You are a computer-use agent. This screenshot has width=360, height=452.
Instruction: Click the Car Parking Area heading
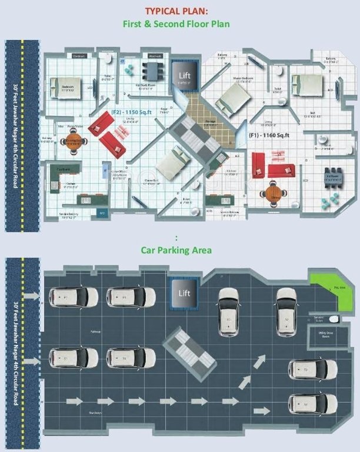point(176,250)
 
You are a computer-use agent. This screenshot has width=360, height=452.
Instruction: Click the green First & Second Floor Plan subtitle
point(176,24)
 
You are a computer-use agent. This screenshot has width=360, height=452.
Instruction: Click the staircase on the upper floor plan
point(198,134)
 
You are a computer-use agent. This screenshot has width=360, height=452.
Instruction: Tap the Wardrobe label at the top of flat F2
point(155,56)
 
